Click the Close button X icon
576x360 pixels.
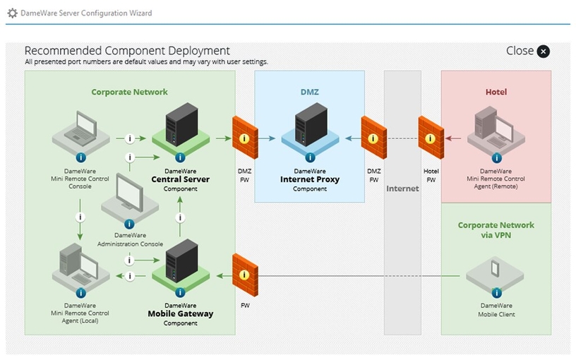coord(543,51)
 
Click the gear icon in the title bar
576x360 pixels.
coord(12,13)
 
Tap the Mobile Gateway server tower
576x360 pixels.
coord(180,263)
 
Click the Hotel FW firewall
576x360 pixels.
coord(431,137)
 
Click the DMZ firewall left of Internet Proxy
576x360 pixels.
coord(245,137)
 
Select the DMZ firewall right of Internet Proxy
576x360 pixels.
coord(373,137)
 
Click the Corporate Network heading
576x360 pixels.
coord(129,92)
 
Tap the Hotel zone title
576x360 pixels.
coord(496,92)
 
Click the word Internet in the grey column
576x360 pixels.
coord(402,188)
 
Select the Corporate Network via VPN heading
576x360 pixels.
coord(496,230)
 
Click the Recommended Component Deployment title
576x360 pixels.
coord(127,51)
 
